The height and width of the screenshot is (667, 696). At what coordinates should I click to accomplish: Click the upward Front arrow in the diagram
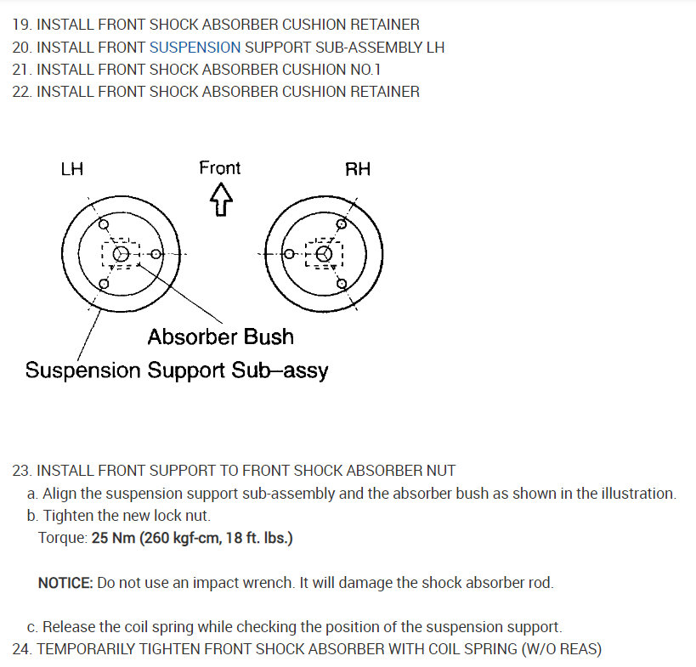221,201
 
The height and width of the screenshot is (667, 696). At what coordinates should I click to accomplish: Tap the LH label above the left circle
72,169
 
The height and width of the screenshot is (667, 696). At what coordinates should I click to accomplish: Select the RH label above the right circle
358,169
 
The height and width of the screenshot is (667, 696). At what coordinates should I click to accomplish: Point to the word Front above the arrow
220,167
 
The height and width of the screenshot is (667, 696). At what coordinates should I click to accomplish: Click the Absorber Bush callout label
220,337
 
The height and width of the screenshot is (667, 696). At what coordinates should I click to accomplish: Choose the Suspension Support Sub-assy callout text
177,370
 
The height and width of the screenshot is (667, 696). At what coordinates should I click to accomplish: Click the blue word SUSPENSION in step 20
195,48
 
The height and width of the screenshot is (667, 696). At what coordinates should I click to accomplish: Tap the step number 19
21,25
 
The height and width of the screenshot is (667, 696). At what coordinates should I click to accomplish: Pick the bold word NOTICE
65,583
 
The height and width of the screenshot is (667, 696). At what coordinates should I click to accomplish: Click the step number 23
21,470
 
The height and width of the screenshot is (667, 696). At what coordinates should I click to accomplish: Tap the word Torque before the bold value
61,539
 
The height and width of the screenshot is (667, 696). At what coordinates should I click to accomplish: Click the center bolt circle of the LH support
122,253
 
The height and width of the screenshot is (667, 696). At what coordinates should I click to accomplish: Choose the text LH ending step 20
435,48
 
